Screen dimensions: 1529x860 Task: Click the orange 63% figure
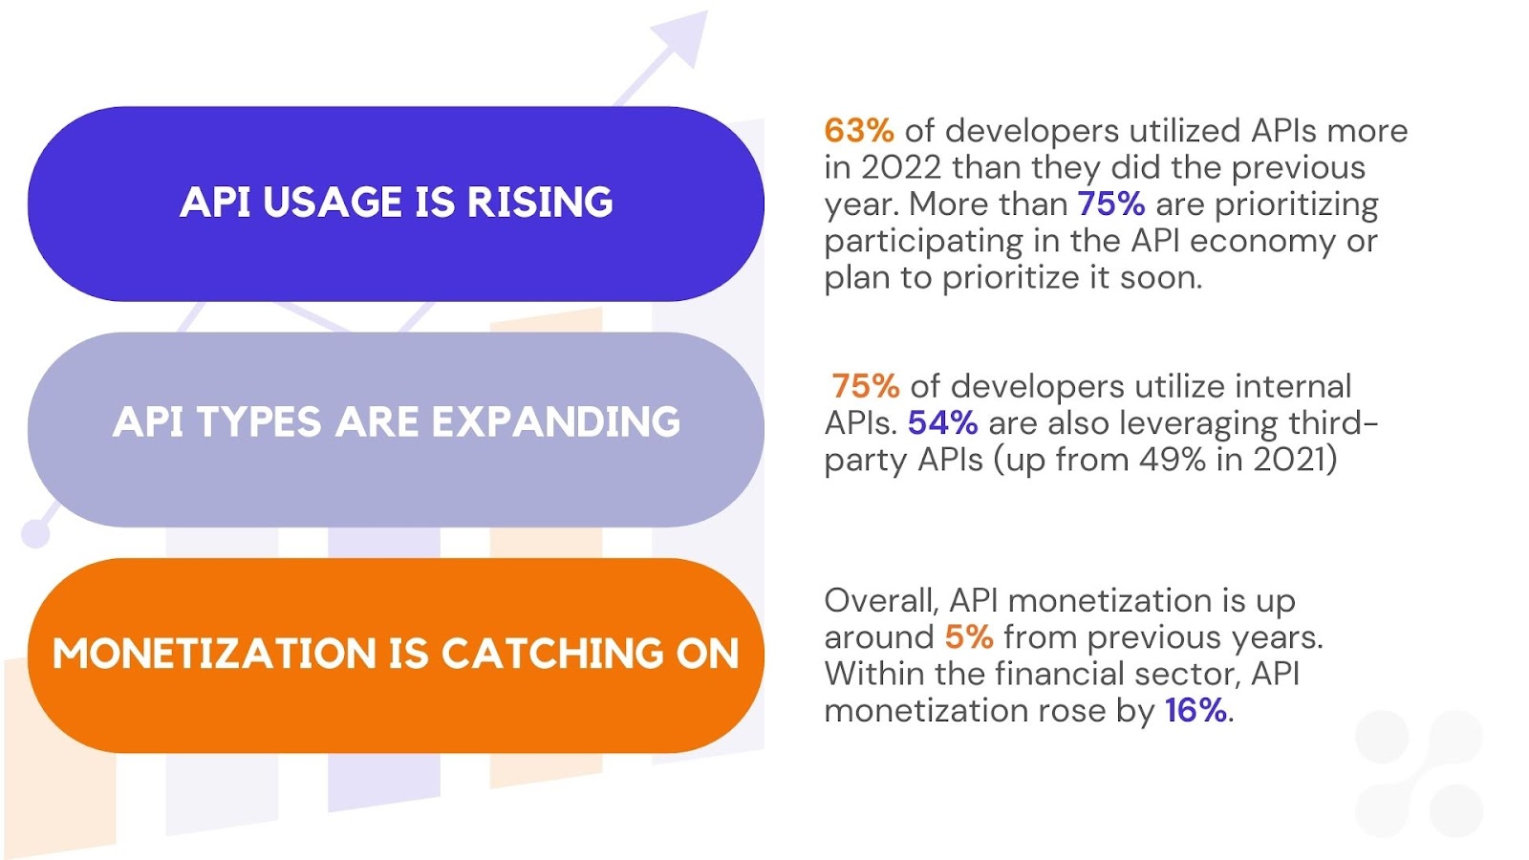pos(859,130)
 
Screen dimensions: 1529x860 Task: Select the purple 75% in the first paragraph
pos(1111,204)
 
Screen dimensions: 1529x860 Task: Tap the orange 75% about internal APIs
pos(866,386)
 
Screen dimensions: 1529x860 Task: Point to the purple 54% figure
pos(942,423)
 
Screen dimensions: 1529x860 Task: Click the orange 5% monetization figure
pos(969,637)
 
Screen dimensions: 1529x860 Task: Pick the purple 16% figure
pos(1195,711)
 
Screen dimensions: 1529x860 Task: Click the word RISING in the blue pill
pos(540,202)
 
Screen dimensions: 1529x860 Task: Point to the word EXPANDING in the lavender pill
pos(556,421)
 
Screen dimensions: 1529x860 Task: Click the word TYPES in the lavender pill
pos(259,421)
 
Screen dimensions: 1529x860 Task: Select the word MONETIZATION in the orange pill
pos(214,654)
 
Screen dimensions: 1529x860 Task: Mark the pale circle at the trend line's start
pos(35,533)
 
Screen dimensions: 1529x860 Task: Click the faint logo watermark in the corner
pos(1419,774)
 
